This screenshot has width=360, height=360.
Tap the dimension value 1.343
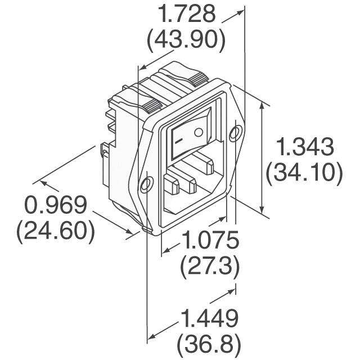point(305,148)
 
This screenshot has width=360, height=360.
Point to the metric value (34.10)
point(305,173)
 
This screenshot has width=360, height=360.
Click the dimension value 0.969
point(56,206)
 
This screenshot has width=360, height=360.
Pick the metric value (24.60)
point(56,231)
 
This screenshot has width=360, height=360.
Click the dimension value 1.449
point(209,318)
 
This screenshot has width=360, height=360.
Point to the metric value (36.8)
point(209,343)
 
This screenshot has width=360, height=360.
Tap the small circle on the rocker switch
point(197,132)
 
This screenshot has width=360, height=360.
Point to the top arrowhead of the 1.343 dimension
point(262,105)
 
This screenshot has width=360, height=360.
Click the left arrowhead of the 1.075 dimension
point(165,250)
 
